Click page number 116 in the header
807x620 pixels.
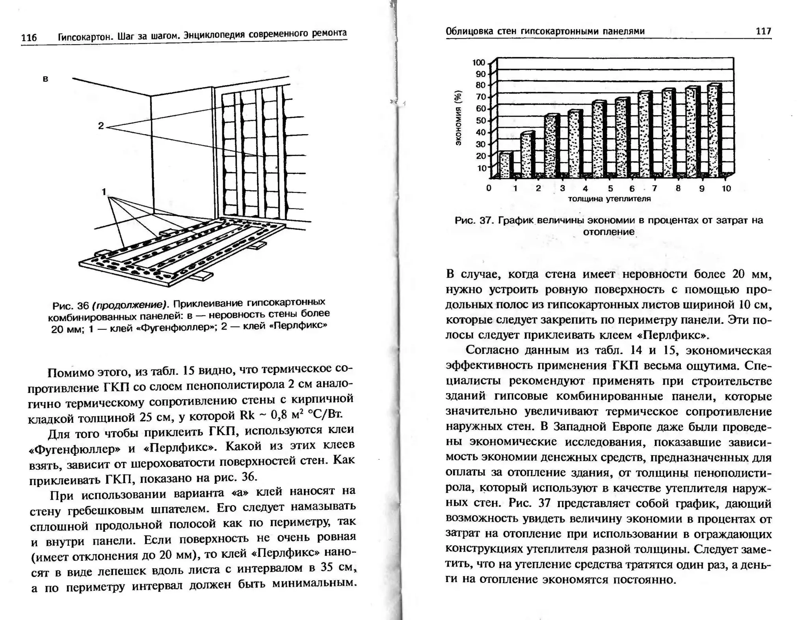tap(29, 38)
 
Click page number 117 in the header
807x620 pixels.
tap(763, 31)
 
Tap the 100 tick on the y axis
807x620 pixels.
tap(479, 63)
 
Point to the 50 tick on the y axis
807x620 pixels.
tap(481, 121)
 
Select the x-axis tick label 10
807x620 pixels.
tap(726, 189)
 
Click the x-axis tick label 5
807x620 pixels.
tap(610, 189)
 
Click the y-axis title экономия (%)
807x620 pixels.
tap(458, 118)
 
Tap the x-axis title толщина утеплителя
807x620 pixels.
tap(609, 199)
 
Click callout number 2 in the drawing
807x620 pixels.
tap(101, 126)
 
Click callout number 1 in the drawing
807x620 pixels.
tap(104, 192)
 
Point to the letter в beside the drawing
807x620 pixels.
tap(45, 78)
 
